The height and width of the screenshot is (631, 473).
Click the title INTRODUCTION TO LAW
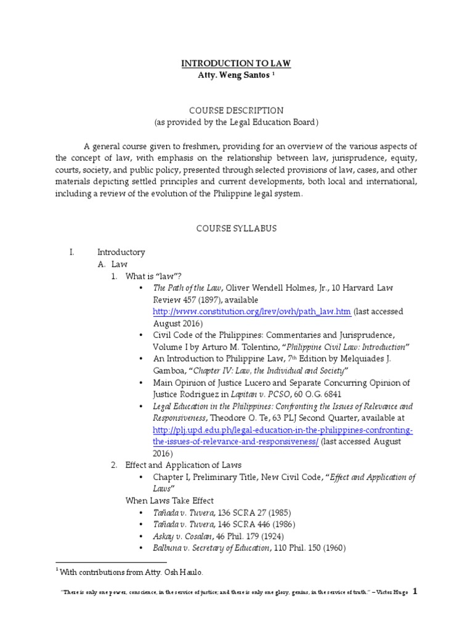tap(236, 63)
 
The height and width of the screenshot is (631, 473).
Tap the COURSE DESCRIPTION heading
tap(236, 110)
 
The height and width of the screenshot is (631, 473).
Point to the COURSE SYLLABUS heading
tap(236, 228)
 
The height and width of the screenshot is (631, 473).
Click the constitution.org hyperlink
tap(253, 312)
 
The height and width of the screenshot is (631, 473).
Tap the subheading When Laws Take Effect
tap(169, 500)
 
